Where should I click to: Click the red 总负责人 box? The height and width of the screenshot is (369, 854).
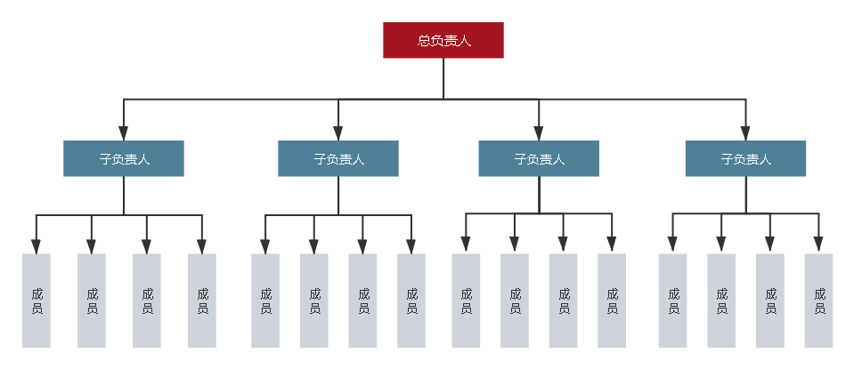click(443, 41)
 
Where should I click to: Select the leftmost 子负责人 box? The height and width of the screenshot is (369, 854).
click(124, 159)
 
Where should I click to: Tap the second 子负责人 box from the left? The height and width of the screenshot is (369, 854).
click(338, 159)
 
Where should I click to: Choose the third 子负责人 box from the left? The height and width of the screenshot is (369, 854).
click(539, 159)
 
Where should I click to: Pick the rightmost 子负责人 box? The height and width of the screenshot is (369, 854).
click(745, 159)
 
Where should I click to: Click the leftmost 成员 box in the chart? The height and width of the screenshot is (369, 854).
click(37, 301)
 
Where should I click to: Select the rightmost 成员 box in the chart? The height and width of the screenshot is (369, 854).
click(818, 301)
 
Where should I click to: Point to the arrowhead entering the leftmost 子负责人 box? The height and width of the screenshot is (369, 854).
click(124, 133)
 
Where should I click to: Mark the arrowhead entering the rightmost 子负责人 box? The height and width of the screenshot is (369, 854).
click(745, 133)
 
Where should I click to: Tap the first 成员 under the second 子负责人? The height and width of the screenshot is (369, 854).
click(265, 301)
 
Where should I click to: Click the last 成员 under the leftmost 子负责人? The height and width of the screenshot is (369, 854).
click(202, 301)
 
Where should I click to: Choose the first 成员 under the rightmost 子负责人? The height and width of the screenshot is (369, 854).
click(672, 301)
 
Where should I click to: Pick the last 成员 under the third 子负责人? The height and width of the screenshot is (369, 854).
click(612, 301)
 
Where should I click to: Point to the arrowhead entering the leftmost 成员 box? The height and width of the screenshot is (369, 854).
click(37, 246)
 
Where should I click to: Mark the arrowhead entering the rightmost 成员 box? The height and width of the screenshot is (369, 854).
click(818, 246)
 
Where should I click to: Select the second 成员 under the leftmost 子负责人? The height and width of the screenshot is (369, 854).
click(92, 301)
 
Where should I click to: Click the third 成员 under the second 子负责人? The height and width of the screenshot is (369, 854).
click(362, 301)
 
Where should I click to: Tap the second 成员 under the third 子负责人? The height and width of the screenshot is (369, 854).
click(515, 301)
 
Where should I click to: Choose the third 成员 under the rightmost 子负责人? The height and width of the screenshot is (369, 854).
click(770, 301)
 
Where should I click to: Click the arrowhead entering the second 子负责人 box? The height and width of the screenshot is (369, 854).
click(338, 133)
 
